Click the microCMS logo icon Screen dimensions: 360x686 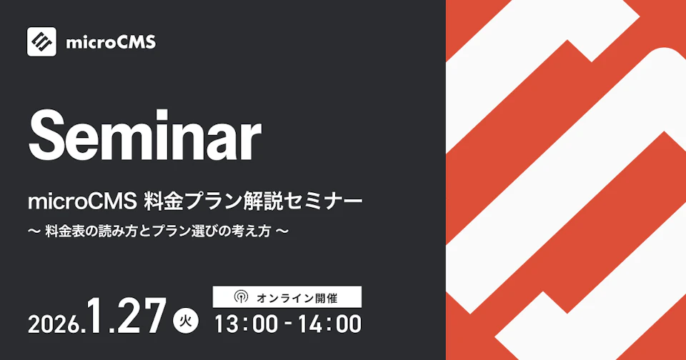41,41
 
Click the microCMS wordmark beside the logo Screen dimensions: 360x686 110,42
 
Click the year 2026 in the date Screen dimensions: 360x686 53,324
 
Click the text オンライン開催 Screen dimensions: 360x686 297,296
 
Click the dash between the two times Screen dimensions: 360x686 288,324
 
